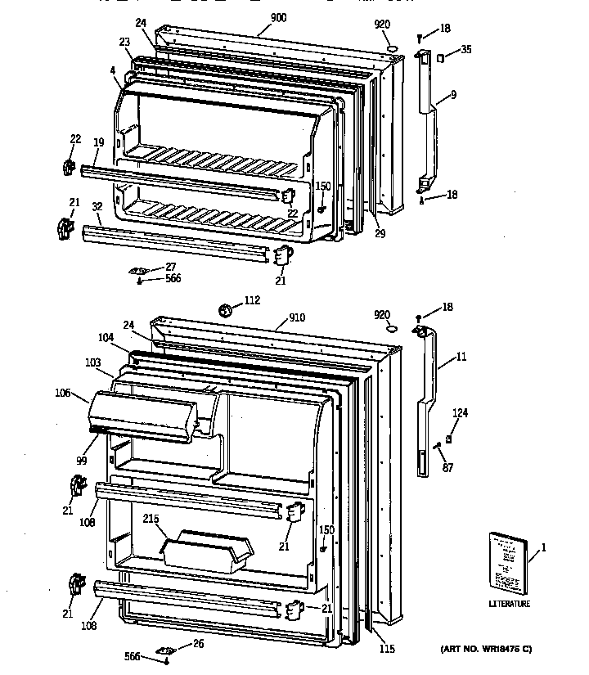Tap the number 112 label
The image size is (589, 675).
[253, 300]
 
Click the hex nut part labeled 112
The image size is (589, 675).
[227, 310]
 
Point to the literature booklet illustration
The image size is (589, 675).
[508, 563]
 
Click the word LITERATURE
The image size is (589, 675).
[510, 605]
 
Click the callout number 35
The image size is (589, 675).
[465, 50]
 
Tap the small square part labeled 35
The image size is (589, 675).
[441, 57]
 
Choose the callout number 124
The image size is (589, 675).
[461, 412]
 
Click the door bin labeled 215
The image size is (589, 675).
[205, 548]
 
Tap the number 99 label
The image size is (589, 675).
[81, 461]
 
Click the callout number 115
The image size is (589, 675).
[387, 649]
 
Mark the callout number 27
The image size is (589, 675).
[170, 266]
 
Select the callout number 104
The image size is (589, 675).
[106, 337]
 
